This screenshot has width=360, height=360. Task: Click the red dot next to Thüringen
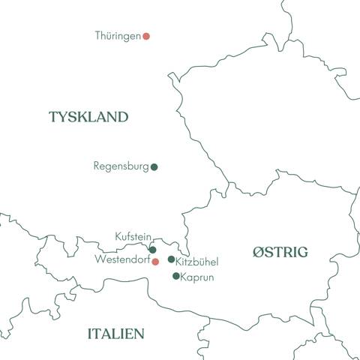pyautogui.click(x=147, y=36)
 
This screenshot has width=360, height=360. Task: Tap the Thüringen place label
pyautogui.click(x=118, y=36)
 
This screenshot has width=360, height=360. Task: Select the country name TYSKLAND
pyautogui.click(x=88, y=117)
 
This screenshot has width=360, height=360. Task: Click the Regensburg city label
pyautogui.click(x=121, y=166)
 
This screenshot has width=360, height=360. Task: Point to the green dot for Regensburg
pyautogui.click(x=154, y=167)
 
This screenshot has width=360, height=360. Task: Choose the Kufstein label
pyautogui.click(x=133, y=236)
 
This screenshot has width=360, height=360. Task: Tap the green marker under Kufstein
pyautogui.click(x=153, y=250)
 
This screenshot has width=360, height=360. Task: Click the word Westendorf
pyautogui.click(x=123, y=259)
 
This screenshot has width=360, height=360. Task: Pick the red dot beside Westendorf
pyautogui.click(x=155, y=262)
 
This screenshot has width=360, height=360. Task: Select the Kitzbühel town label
pyautogui.click(x=196, y=261)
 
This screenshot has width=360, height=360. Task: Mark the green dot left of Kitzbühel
pyautogui.click(x=171, y=259)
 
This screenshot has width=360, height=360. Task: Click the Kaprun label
pyautogui.click(x=198, y=277)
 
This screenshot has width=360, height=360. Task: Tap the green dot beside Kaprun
pyautogui.click(x=176, y=276)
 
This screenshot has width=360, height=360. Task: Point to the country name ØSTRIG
pyautogui.click(x=280, y=252)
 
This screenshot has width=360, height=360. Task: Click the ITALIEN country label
pyautogui.click(x=116, y=334)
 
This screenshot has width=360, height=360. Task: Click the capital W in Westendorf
pyautogui.click(x=100, y=259)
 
